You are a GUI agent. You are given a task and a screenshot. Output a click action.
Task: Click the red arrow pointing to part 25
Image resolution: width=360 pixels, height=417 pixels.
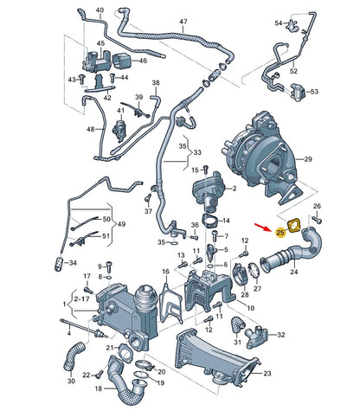[267, 228]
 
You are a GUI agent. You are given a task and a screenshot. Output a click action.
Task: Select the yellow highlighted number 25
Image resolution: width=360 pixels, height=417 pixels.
[280, 232]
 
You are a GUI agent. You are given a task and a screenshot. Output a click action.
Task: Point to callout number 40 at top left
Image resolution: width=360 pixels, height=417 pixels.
[100, 10]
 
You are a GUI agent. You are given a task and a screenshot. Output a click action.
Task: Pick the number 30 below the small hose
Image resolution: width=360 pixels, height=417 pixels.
[70, 381]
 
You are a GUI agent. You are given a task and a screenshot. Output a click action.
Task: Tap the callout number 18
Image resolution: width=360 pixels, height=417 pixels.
[98, 388]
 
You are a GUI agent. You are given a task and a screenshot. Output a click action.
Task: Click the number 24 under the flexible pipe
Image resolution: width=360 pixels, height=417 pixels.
[293, 273]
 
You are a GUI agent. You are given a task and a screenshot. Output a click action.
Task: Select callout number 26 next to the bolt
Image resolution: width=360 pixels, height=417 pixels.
[317, 206]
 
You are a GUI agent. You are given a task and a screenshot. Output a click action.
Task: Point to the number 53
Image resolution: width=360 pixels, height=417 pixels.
[314, 91]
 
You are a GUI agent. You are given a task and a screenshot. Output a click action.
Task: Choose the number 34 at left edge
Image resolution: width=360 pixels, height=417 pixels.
[72, 263]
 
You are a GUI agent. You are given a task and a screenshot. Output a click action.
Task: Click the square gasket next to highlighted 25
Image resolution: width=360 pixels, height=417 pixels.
[295, 227]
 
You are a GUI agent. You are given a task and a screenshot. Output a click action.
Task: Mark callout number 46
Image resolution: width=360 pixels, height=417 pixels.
[143, 61]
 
